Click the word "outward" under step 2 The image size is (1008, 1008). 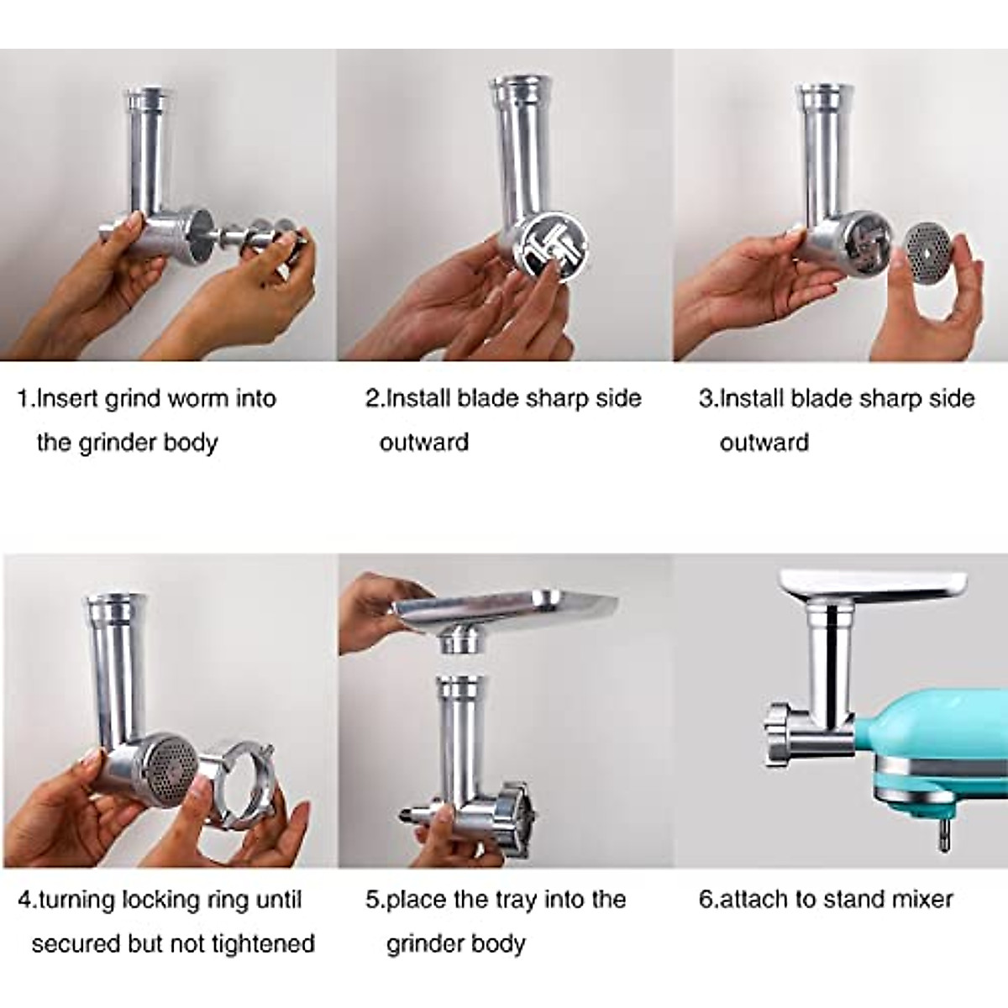click(424, 443)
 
